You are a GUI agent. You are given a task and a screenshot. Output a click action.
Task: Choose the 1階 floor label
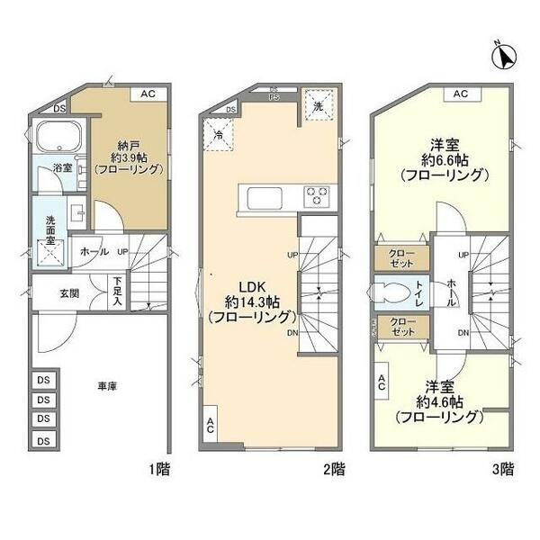click(158, 469)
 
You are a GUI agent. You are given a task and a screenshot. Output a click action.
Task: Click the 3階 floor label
click(502, 469)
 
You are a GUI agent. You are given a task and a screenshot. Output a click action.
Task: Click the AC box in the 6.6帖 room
click(460, 94)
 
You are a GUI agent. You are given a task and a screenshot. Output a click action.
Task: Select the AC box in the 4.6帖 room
click(382, 382)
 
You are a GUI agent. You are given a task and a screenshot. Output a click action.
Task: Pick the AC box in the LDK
click(211, 427)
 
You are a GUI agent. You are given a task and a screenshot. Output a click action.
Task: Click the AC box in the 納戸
click(148, 94)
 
